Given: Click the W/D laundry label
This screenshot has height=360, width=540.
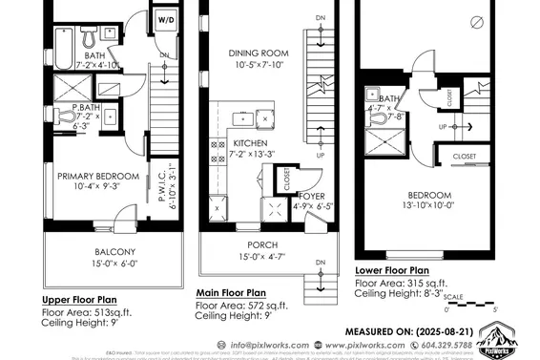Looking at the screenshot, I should (x=167, y=18).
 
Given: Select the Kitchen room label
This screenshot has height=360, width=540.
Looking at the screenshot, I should (x=251, y=142).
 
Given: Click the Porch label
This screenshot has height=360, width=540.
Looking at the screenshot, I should (x=263, y=244).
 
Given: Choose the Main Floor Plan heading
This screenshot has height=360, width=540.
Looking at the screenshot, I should (x=231, y=293).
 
